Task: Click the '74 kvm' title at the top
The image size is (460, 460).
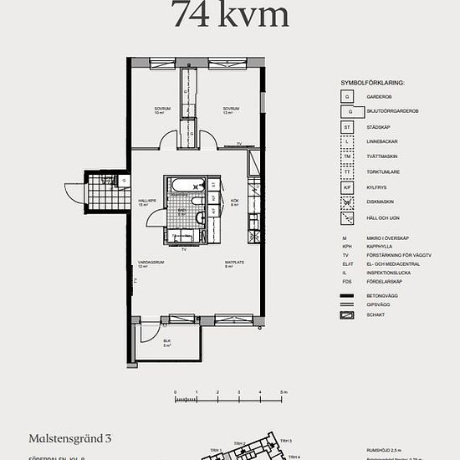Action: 230,14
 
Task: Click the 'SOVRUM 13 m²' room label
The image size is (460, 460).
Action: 231,110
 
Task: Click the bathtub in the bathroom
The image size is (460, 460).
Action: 181,185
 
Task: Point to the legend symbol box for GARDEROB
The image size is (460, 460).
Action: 348,96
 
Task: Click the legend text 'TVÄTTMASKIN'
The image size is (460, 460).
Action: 381,156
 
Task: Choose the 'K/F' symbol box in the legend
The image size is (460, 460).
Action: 348,187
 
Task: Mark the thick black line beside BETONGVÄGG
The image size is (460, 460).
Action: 348,295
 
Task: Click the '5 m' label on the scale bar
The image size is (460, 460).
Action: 284,392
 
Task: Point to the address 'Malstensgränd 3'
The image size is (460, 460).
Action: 70,437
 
